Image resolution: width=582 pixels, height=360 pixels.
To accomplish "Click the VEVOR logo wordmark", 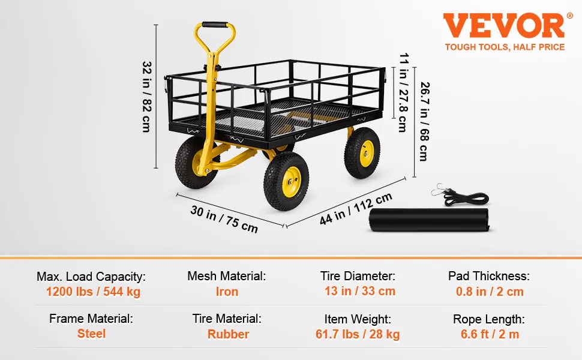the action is pos(504,26).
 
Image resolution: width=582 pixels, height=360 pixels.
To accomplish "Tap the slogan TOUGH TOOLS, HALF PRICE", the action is pos(505,47).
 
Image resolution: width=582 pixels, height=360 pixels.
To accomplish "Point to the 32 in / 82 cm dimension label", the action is pos(147,97).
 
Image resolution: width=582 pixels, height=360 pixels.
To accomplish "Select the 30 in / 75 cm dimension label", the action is pos(224,219).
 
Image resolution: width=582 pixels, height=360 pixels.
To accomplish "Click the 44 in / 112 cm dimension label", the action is pos(356,209).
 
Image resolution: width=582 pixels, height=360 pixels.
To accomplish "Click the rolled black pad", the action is pos(429,220).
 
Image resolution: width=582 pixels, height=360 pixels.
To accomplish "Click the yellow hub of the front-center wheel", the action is pos(292,182).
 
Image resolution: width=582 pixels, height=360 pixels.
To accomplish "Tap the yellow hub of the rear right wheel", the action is pos(367,153).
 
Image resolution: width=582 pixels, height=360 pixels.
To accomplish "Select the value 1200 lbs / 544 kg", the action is pos(93,292).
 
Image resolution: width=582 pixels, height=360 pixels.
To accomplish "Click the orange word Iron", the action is pos(227,292).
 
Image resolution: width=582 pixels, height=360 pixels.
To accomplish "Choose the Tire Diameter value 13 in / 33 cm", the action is pos(359,291).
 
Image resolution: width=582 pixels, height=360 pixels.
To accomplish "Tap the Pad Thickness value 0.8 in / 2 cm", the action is pos(490,292).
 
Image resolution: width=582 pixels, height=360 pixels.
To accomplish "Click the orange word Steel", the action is pos(91,334).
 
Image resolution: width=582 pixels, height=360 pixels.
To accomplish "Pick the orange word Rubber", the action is pos(228,334).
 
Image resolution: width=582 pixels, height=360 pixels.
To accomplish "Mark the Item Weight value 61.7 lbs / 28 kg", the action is pos(358,334).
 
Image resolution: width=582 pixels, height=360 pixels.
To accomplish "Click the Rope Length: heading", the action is pos(489,319).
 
